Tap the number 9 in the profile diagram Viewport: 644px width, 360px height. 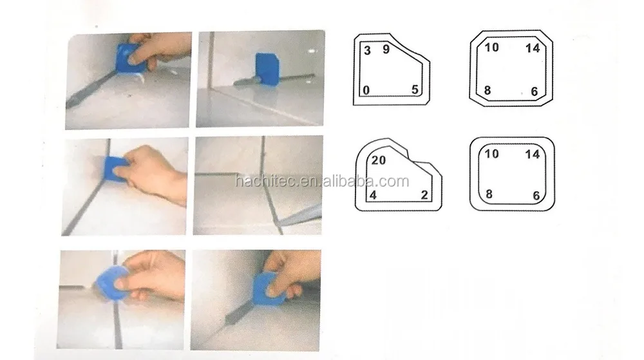tap(386, 49)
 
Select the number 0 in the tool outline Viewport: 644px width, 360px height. tap(366, 91)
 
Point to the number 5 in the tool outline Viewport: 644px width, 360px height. tap(415, 90)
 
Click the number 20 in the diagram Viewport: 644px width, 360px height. tap(379, 161)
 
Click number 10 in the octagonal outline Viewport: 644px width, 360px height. tap(491, 48)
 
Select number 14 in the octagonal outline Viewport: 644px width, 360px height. tap(532, 48)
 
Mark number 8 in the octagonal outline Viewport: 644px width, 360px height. tap(488, 91)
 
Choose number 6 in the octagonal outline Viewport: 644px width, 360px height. tap(535, 91)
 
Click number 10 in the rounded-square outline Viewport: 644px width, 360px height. tap(491, 153)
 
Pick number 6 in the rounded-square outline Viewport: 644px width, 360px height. tap(535, 194)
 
